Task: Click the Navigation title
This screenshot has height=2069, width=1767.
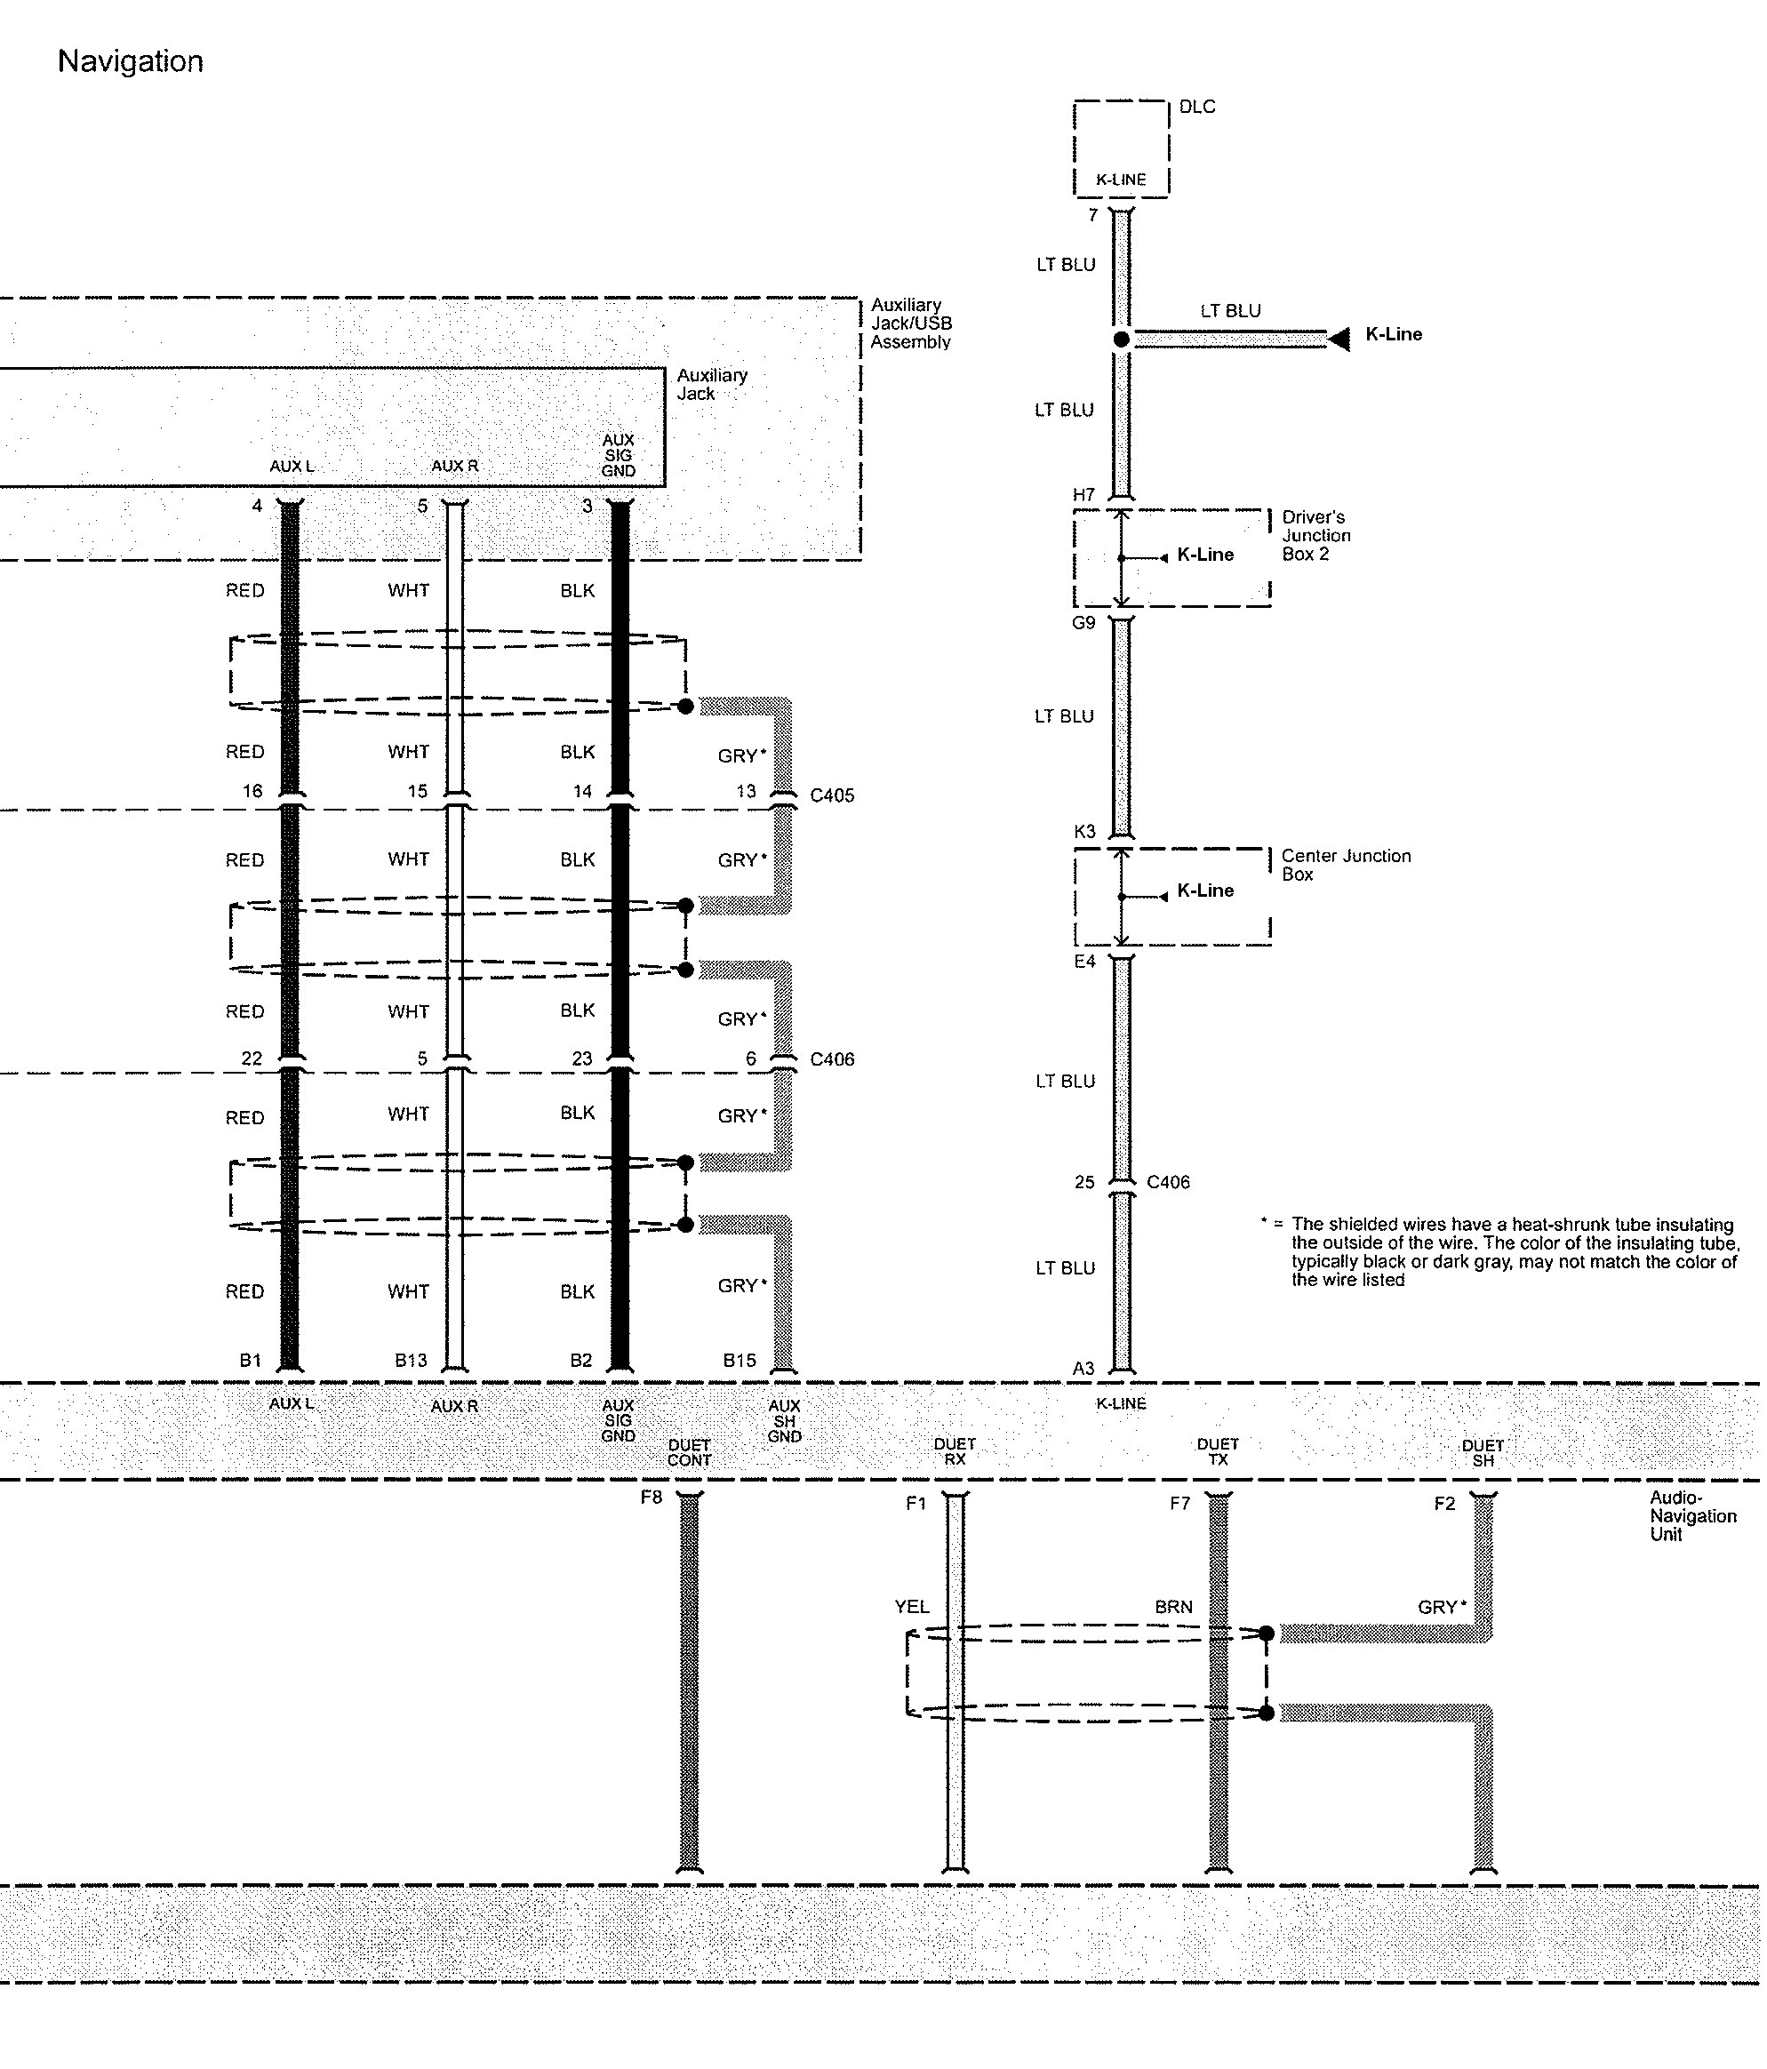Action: click(x=130, y=62)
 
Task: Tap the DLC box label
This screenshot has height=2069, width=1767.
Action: click(x=1196, y=107)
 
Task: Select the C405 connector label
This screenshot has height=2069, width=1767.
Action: click(x=832, y=795)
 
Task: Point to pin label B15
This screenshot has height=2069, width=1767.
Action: click(x=740, y=1360)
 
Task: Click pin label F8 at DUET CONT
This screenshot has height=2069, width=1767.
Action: click(x=652, y=1497)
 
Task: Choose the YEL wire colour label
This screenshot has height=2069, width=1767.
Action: click(x=912, y=1607)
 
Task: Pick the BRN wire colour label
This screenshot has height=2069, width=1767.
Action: click(x=1173, y=1607)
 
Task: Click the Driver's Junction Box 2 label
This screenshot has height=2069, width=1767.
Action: click(x=1316, y=535)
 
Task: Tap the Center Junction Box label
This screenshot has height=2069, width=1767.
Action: click(x=1346, y=865)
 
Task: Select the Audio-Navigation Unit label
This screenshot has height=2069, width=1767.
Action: click(x=1693, y=1516)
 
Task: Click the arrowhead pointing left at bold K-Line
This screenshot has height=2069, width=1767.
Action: click(x=1339, y=340)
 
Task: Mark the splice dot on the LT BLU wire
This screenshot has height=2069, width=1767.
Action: click(x=1122, y=340)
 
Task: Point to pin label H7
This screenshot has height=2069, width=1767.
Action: click(x=1083, y=494)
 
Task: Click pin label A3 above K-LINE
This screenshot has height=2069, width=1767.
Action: click(x=1083, y=1368)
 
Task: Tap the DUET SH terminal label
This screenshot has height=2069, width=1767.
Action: click(x=1483, y=1453)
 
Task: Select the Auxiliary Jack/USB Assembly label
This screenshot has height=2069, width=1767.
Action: click(x=911, y=323)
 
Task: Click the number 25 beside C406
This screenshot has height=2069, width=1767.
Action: click(x=1084, y=1182)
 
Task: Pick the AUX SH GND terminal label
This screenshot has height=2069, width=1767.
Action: click(x=784, y=1421)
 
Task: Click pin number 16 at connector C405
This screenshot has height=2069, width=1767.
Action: click(x=252, y=791)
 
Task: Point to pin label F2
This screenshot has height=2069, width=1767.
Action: click(x=1444, y=1504)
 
